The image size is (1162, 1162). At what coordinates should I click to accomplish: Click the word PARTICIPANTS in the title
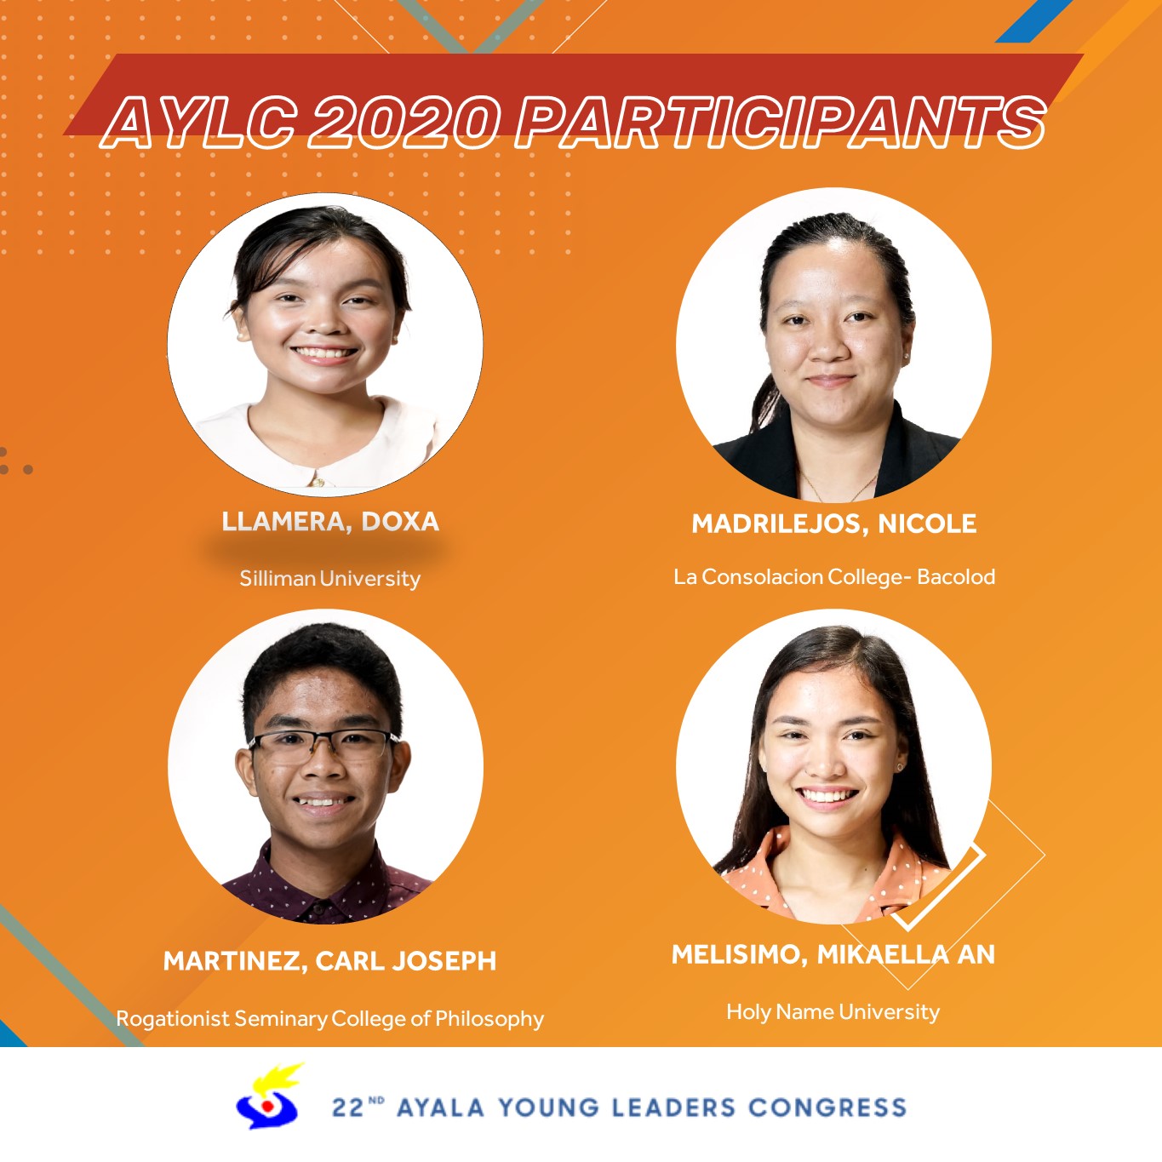[x=781, y=123]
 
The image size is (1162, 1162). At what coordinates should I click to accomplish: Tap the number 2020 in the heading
[x=404, y=123]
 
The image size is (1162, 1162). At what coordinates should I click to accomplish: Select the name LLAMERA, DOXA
[x=330, y=522]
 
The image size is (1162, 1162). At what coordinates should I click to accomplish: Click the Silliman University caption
[x=329, y=578]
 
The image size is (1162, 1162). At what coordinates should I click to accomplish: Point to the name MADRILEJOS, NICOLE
[x=834, y=524]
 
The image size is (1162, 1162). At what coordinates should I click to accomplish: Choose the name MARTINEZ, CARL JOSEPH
[x=329, y=960]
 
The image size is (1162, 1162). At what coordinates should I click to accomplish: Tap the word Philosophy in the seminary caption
[x=489, y=1018]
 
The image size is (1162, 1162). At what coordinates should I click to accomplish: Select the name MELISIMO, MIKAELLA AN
[x=833, y=954]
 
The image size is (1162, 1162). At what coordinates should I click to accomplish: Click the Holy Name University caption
[x=833, y=1011]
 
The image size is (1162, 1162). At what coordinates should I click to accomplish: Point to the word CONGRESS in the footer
[x=827, y=1108]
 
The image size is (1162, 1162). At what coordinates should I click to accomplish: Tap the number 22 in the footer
[x=348, y=1108]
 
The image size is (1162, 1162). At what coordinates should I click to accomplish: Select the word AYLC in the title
[x=201, y=123]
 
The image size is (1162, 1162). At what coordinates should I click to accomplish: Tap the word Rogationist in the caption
[x=173, y=1018]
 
